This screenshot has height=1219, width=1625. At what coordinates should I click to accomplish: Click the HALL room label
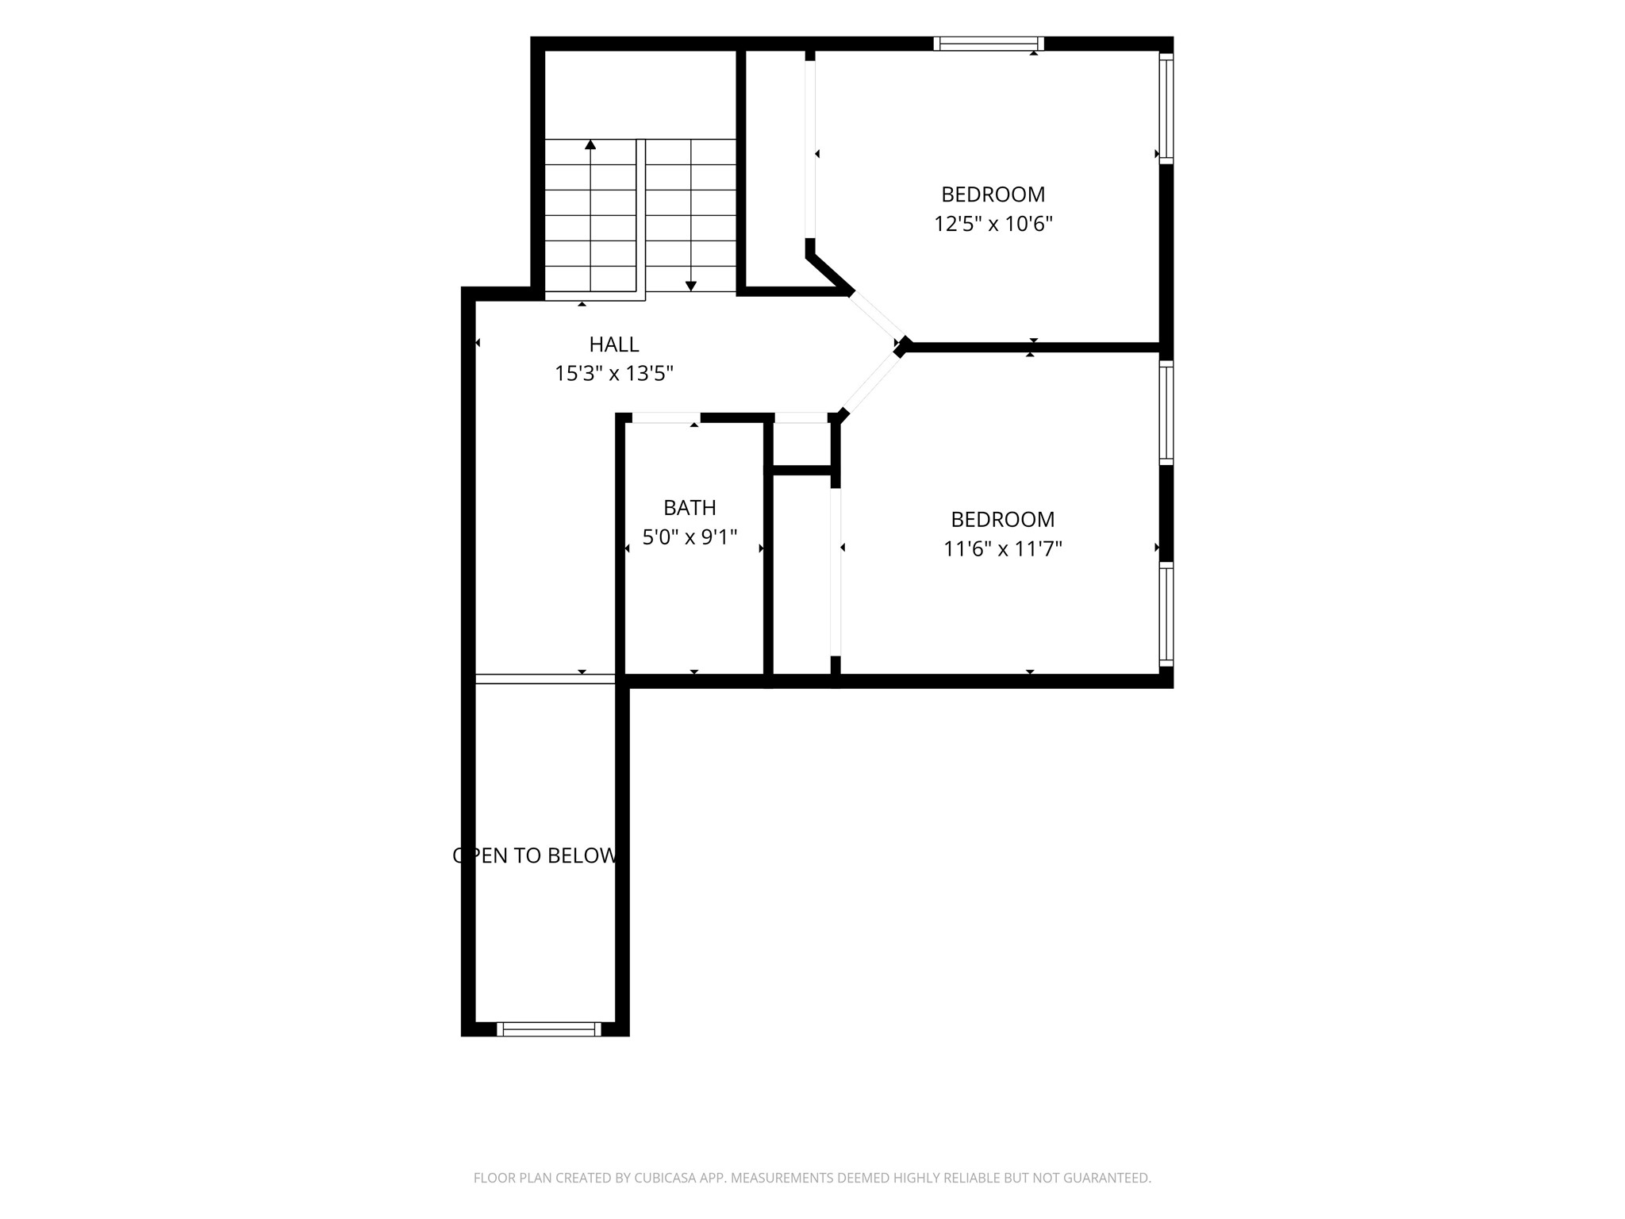(x=614, y=344)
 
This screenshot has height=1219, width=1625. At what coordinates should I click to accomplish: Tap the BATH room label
(x=690, y=507)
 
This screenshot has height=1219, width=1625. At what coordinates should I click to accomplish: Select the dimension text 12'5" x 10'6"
(x=993, y=224)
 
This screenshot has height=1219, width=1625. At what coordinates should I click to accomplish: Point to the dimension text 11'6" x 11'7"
(x=1002, y=548)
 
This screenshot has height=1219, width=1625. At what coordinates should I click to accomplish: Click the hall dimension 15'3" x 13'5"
(x=614, y=373)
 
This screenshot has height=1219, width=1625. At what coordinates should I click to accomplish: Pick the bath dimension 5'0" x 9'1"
(x=690, y=537)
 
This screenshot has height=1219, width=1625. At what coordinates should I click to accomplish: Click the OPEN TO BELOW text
(x=536, y=856)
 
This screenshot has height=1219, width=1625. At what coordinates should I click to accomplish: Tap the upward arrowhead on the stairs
(x=590, y=144)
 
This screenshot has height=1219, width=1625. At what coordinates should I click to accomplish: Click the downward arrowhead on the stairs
(x=691, y=286)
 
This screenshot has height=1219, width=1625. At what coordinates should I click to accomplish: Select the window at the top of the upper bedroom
(x=988, y=44)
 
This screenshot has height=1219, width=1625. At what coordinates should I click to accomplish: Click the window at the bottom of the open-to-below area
(x=549, y=1029)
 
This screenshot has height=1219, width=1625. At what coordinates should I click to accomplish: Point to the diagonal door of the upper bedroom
(x=876, y=318)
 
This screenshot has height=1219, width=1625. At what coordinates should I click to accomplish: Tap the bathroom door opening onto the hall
(x=667, y=417)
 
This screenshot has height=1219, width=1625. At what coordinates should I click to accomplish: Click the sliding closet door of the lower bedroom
(x=836, y=572)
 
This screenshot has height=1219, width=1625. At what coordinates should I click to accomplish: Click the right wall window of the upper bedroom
(x=1166, y=108)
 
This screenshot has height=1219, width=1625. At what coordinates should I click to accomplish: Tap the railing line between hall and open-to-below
(x=545, y=679)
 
